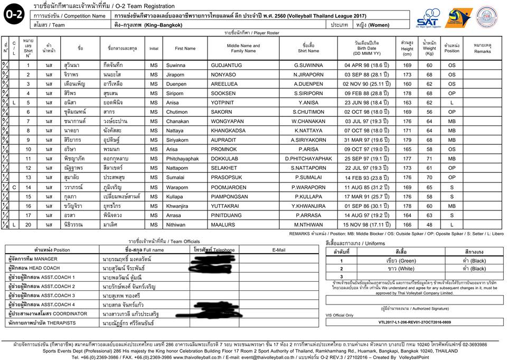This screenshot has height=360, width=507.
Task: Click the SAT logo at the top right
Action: [427, 18]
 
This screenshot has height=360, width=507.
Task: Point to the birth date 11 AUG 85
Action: [367, 187]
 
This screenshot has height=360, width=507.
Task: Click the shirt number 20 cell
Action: [28, 225]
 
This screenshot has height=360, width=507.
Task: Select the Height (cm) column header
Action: [407, 48]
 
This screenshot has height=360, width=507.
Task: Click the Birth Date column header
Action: [367, 48]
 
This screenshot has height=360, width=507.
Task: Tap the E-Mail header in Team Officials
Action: [278, 250]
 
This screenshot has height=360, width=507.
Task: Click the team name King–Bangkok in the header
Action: [137, 25]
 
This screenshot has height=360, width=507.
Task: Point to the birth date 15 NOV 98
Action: [367, 225]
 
